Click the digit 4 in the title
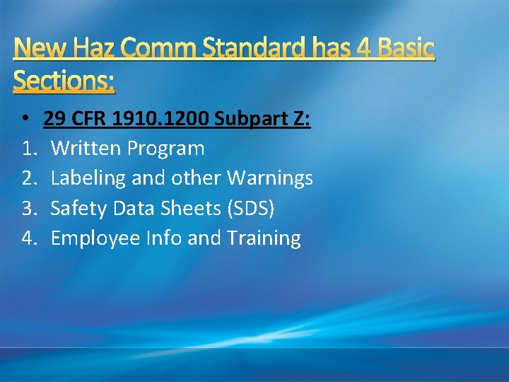point(361,48)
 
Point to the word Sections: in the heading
point(64,81)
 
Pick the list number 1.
point(28,149)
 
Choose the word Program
point(168,149)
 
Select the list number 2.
point(28,178)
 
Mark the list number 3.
point(28,208)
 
